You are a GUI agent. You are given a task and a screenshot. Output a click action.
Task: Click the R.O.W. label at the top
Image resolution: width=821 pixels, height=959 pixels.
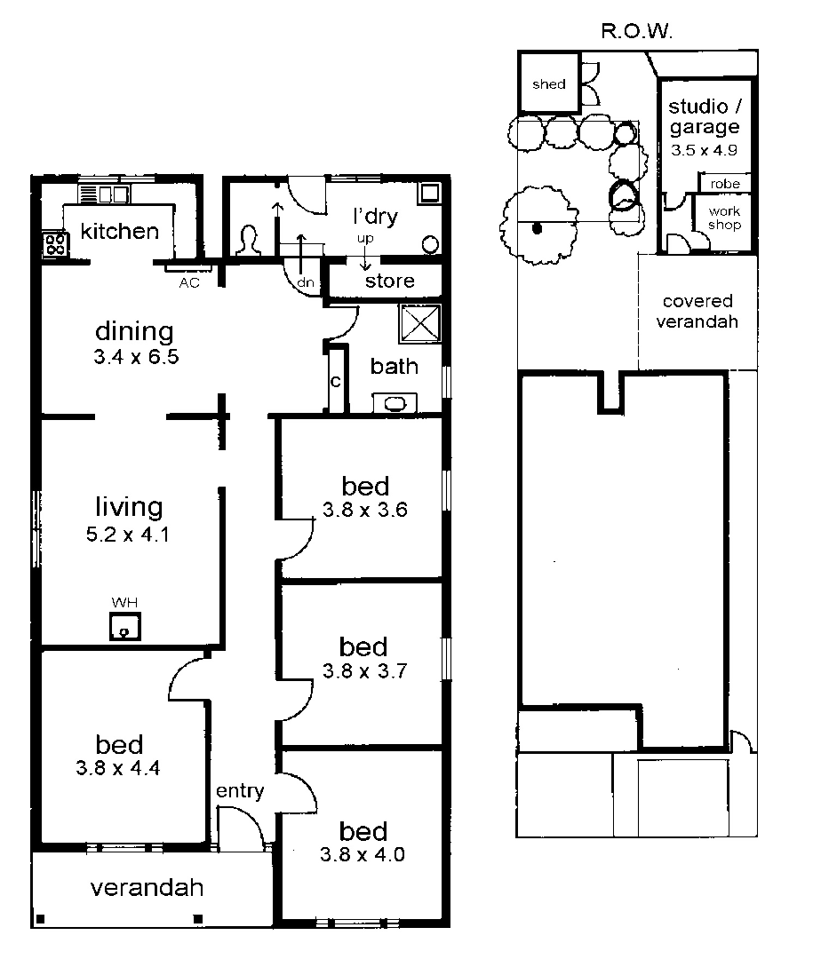637,34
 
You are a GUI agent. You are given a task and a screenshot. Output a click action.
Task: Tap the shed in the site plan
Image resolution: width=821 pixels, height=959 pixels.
548,84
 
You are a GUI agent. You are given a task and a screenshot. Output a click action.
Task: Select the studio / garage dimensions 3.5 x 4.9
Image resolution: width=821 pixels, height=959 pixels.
705,150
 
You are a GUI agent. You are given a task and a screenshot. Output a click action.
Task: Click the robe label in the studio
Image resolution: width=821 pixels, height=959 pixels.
724,184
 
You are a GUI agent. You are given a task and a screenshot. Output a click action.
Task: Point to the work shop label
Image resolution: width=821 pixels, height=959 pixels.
724,218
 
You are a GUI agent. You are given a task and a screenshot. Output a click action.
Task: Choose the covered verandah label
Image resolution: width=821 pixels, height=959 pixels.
697,312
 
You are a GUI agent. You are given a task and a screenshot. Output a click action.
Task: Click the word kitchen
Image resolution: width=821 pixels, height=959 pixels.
119,232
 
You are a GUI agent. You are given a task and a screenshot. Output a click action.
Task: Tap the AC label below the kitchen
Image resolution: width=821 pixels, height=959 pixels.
189,282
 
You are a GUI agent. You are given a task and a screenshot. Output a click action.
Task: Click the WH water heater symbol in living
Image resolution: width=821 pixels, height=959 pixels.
124,626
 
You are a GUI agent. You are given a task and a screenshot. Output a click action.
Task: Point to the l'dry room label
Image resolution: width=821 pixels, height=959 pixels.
376,216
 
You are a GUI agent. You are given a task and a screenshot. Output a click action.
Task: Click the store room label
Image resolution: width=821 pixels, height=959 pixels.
390,281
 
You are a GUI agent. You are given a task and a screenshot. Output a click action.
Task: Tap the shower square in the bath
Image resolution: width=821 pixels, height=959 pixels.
419,322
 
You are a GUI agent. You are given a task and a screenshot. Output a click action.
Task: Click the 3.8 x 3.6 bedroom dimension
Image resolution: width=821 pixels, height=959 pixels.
365,511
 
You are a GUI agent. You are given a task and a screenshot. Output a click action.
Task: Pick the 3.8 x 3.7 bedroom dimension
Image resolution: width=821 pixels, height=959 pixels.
364,672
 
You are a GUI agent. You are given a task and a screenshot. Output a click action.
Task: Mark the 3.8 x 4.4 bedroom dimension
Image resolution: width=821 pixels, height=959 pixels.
118,769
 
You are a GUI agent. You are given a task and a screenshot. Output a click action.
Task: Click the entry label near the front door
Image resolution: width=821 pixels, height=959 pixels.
240,791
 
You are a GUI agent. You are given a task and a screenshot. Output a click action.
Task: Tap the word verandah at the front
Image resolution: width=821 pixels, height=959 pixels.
147,887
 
